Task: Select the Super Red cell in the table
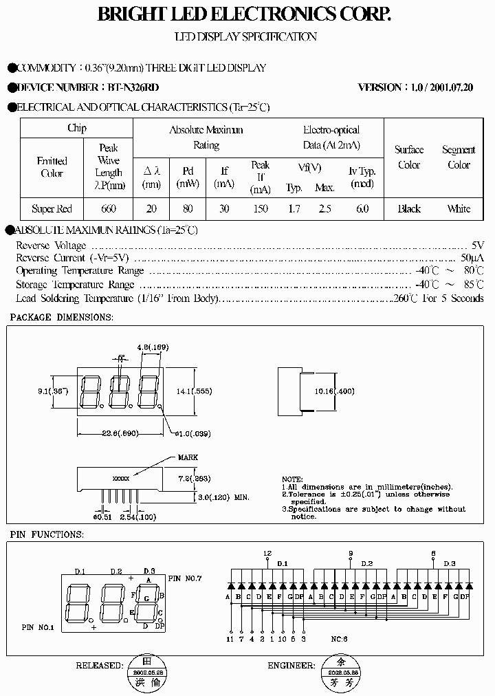pos(52,209)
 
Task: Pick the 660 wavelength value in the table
pos(108,209)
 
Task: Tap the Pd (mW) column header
pos(188,177)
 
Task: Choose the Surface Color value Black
pos(409,209)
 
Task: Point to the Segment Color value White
pos(459,209)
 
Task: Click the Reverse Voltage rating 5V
pos(478,246)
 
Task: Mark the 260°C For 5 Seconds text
pos(438,298)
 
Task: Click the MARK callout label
pos(188,457)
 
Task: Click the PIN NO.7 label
pos(184,578)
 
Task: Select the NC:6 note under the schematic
pos(339,638)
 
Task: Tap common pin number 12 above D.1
pos(267,553)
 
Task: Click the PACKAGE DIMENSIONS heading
pos(61,317)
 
